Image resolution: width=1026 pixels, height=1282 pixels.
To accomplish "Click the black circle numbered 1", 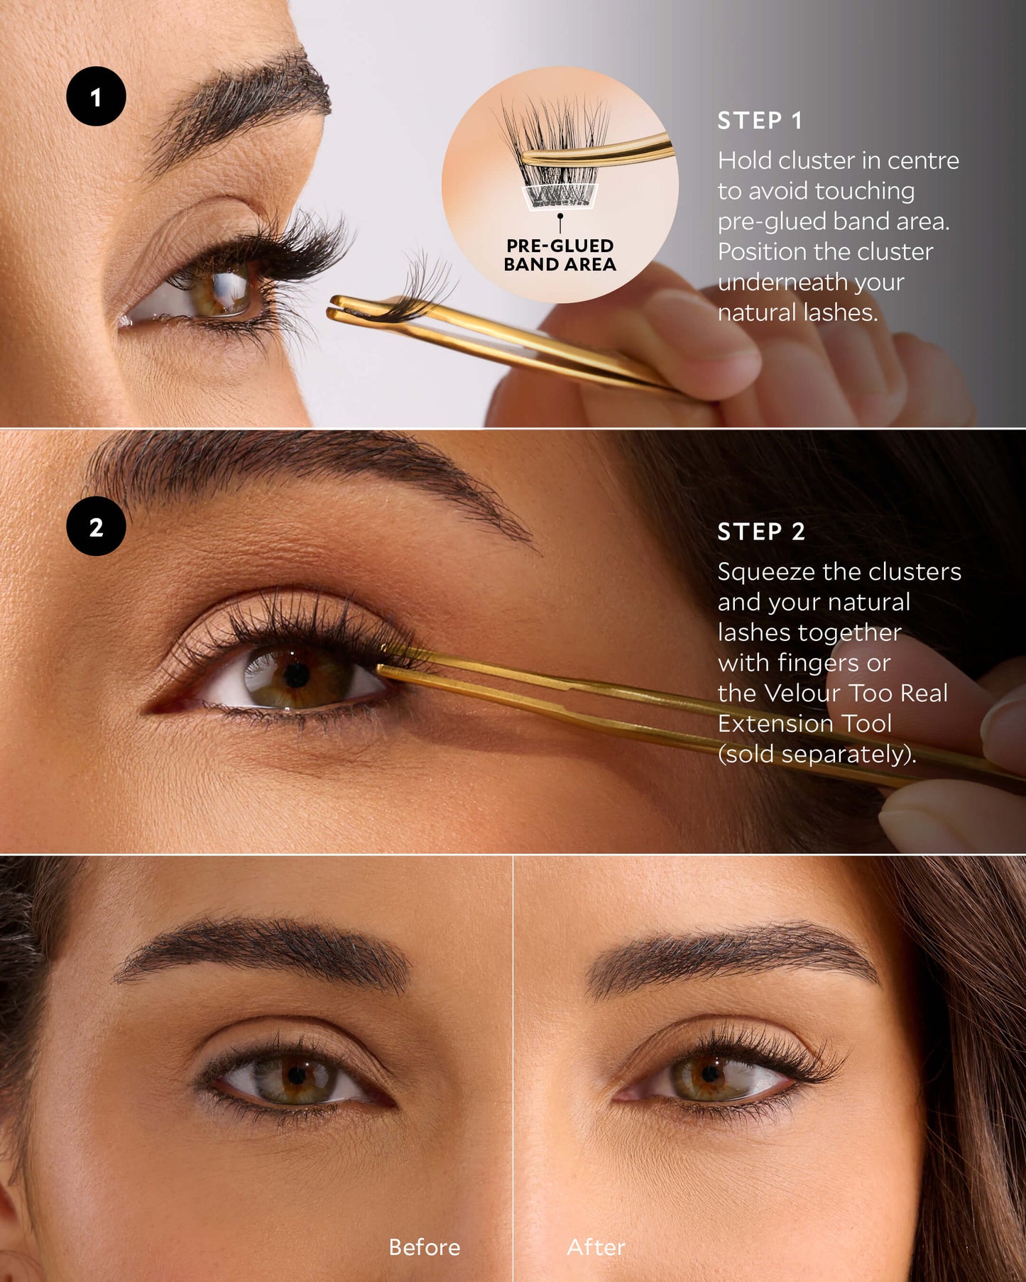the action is [96, 97].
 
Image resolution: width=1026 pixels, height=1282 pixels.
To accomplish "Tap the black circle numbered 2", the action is [96, 526].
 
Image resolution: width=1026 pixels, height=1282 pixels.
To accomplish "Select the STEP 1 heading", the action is [760, 121].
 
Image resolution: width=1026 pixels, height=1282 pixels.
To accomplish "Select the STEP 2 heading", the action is [761, 532].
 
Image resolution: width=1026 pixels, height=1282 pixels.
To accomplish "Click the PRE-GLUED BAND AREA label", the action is [560, 255].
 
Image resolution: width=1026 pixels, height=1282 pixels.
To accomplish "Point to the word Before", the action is [425, 1247].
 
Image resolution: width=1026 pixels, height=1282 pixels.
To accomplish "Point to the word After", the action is [596, 1247].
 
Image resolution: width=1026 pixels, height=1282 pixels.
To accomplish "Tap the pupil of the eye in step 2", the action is [297, 675].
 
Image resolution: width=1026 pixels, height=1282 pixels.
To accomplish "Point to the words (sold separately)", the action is [817, 754].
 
